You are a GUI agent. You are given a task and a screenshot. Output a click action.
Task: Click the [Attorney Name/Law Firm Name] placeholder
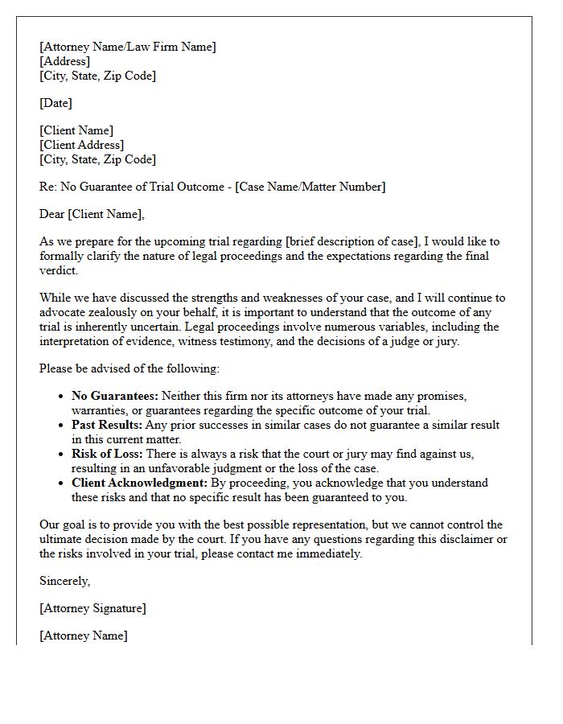coord(127,47)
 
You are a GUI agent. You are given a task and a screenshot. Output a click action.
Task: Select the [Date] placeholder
coord(55,103)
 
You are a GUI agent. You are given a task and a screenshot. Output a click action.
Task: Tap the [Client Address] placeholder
coord(81,145)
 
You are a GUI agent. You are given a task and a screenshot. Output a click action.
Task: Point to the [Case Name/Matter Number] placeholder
coord(310,187)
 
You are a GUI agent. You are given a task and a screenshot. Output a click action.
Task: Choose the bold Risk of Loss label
coord(107,454)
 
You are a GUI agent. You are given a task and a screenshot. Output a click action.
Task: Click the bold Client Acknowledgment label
coord(139,483)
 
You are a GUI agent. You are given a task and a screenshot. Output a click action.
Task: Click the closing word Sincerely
coord(65,581)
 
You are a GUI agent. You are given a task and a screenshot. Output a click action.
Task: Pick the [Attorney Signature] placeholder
coord(92,608)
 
